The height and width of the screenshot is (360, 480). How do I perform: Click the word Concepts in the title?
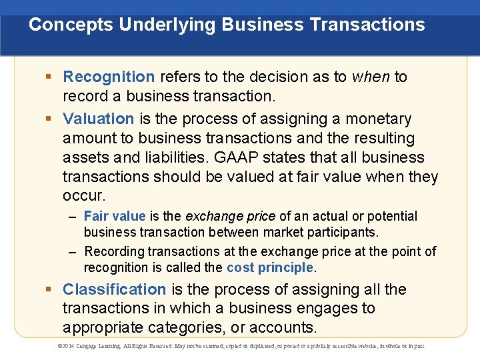point(71,25)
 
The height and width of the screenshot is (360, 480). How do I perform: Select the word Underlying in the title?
point(167,25)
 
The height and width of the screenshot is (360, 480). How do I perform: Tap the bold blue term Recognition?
point(109,77)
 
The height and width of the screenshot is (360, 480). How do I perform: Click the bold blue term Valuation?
point(98,119)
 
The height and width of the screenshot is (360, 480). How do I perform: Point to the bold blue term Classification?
point(115,289)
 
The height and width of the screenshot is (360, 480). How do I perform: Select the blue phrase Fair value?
point(115,216)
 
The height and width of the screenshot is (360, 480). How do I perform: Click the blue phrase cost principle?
point(270,268)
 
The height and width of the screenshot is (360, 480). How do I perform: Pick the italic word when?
point(371,77)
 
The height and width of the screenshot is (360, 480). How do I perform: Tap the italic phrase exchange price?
point(231,217)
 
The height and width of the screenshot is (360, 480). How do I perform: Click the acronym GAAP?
point(236,157)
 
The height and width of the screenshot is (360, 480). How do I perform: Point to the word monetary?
point(379,119)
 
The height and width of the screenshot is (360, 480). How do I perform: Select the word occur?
point(84,196)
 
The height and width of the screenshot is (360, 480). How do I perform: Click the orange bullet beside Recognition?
point(49,76)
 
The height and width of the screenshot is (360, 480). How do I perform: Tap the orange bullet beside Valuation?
point(49,118)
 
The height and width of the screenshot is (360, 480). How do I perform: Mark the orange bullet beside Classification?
point(49,289)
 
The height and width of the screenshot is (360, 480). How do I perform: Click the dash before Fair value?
point(72,217)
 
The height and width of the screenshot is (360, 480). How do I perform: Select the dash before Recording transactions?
point(72,253)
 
